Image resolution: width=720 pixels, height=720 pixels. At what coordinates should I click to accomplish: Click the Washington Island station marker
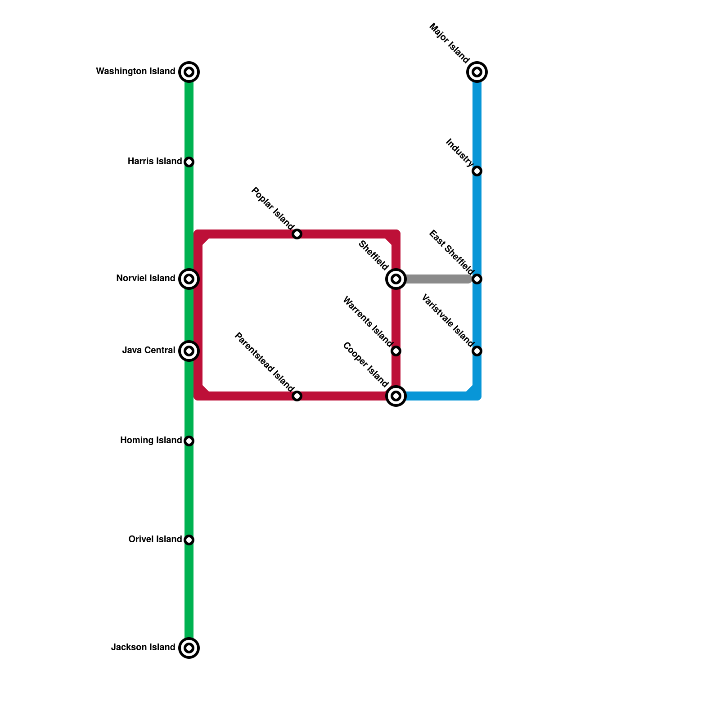coord(189,72)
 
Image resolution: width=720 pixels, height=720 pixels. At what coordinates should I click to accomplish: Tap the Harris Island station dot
coord(189,162)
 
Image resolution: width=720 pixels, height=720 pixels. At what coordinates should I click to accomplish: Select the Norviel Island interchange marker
coord(189,279)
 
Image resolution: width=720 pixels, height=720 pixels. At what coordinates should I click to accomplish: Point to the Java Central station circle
coord(189,351)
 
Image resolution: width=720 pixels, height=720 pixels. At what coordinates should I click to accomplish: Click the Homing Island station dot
coord(189,441)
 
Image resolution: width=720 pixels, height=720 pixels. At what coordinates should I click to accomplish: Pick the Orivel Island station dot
coord(189,540)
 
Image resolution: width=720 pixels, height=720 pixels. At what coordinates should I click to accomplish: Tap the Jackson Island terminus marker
coord(189,648)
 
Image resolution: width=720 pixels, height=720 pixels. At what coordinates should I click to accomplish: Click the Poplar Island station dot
coord(297,234)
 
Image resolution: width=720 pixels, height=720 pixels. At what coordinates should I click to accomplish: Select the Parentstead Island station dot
coord(297,396)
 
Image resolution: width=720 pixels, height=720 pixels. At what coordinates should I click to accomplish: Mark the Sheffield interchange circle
coord(396,279)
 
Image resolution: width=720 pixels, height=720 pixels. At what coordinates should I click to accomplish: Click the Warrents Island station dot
coord(396,351)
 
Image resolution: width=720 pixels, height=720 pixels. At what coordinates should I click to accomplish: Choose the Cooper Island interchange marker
coord(396,396)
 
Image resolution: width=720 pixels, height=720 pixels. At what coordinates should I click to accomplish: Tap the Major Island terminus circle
coord(477,72)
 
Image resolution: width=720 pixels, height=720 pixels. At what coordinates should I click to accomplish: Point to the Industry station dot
coord(477,171)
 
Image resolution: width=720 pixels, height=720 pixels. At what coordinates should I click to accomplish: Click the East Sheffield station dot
coord(477,279)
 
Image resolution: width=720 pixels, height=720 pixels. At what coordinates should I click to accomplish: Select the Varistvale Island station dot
coord(477,351)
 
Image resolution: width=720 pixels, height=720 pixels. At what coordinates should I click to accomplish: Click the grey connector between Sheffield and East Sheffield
coord(436,279)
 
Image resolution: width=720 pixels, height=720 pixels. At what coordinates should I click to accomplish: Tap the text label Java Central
coord(148,351)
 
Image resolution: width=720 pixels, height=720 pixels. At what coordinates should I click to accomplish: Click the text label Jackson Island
coord(143,648)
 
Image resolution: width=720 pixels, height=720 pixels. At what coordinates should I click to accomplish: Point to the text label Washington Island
coord(135,72)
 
